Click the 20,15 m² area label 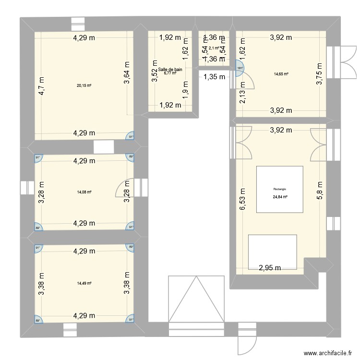(x=84, y=86)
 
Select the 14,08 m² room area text (x=84, y=192)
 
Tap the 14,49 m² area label (x=84, y=283)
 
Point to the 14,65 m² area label (x=281, y=74)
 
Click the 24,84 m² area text (x=280, y=197)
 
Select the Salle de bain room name (x=173, y=70)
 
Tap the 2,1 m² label (x=214, y=48)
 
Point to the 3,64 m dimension (x=127, y=73)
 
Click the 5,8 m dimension (x=319, y=189)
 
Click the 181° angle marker (x=240, y=68)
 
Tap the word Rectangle (x=280, y=189)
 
